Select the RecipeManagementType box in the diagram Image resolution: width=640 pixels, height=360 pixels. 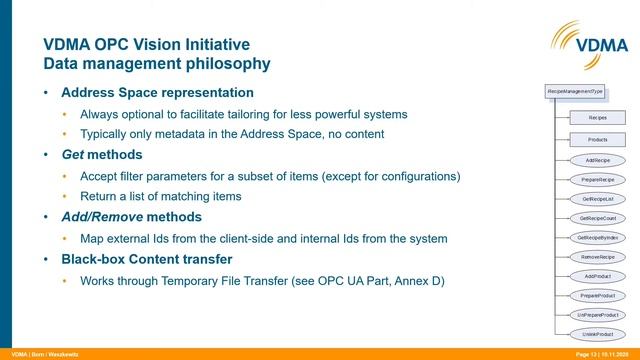point(575,92)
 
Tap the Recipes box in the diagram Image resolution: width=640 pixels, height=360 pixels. point(597,118)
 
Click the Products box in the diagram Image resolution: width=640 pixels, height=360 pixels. point(597,140)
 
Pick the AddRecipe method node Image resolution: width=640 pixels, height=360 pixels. point(597,159)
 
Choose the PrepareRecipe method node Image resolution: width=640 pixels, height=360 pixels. point(597,179)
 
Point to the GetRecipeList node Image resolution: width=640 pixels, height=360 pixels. point(597,198)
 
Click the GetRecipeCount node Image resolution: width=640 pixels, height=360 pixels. point(597,218)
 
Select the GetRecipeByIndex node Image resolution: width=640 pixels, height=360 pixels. point(597,237)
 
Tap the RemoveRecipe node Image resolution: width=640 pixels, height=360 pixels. point(597,257)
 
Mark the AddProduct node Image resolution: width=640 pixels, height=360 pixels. point(597,276)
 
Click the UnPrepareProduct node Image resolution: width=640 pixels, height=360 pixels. point(597,315)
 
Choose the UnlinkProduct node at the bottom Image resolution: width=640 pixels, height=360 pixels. point(597,334)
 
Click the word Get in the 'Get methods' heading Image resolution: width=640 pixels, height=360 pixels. point(73,155)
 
